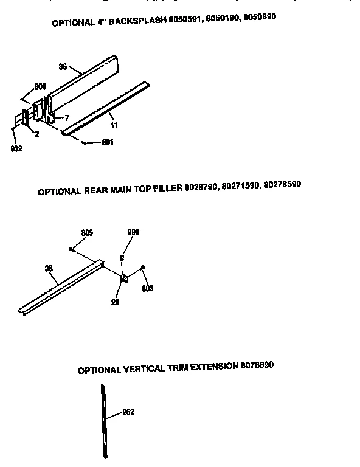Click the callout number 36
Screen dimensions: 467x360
tap(63, 67)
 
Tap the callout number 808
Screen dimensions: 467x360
tap(40, 87)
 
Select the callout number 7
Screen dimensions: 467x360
tap(67, 117)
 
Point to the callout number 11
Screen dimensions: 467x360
tap(114, 125)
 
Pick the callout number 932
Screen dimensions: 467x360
tap(16, 149)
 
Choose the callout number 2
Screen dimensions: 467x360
tap(37, 134)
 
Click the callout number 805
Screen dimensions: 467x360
tap(87, 232)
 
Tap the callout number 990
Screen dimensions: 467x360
tap(133, 232)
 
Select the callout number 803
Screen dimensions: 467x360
tap(148, 288)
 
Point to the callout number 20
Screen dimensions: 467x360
tap(116, 301)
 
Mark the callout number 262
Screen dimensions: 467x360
tap(128, 412)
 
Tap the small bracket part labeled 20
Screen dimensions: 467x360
tap(124, 278)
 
